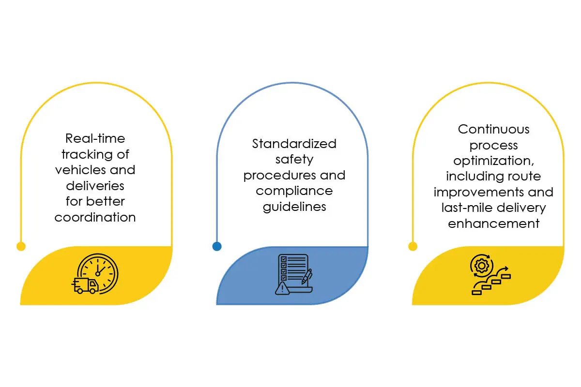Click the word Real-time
tap(95, 138)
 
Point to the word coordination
tap(95, 217)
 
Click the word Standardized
tap(294, 144)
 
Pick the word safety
tap(294, 160)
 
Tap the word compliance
tap(294, 192)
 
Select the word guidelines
tap(294, 207)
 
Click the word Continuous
tap(493, 129)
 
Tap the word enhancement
tap(493, 223)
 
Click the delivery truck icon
tap(85, 285)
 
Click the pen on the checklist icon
tap(307, 277)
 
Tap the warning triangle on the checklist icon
tap(282, 288)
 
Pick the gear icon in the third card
tap(482, 266)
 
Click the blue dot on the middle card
tap(217, 246)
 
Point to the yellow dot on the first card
tap(21, 246)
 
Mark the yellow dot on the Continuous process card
tap(413, 246)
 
